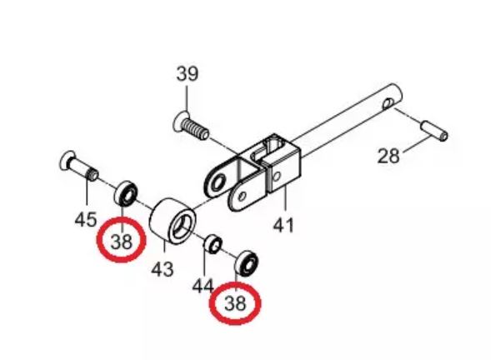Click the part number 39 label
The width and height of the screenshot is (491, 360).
click(188, 74)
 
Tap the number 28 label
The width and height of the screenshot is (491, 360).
click(388, 156)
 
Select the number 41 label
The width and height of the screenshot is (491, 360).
click(283, 225)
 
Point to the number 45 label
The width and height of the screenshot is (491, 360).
click(86, 219)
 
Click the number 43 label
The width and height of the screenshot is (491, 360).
click(163, 269)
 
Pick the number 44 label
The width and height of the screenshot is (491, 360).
click(203, 286)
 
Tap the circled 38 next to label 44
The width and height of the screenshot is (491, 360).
click(235, 303)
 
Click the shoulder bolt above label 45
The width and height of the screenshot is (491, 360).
click(79, 166)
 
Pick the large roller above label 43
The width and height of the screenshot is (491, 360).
click(173, 221)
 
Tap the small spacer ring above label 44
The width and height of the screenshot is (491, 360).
click(213, 244)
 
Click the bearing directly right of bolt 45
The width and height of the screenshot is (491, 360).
click(126, 193)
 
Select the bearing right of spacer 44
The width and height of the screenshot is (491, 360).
click(247, 263)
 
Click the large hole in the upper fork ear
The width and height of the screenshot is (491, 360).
click(218, 182)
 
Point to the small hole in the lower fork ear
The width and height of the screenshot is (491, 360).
click(242, 197)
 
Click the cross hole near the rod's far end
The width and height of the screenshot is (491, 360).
click(388, 103)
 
